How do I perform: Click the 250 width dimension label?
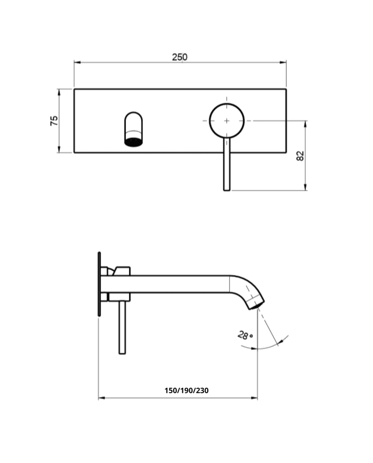pyautogui.click(x=180, y=57)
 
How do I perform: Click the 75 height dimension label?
pyautogui.click(x=54, y=121)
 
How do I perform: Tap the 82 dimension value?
pyautogui.click(x=300, y=156)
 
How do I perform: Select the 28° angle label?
pyautogui.click(x=245, y=336)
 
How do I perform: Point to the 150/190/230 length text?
pyautogui.click(x=186, y=391)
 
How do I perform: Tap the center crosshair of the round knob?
pyautogui.click(x=226, y=121)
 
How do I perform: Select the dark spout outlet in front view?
pyautogui.click(x=134, y=141)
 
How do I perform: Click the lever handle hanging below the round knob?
pyautogui.click(x=226, y=165)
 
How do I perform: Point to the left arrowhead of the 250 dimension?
pyautogui.click(x=76, y=62)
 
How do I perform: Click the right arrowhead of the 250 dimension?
pyautogui.click(x=284, y=62)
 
